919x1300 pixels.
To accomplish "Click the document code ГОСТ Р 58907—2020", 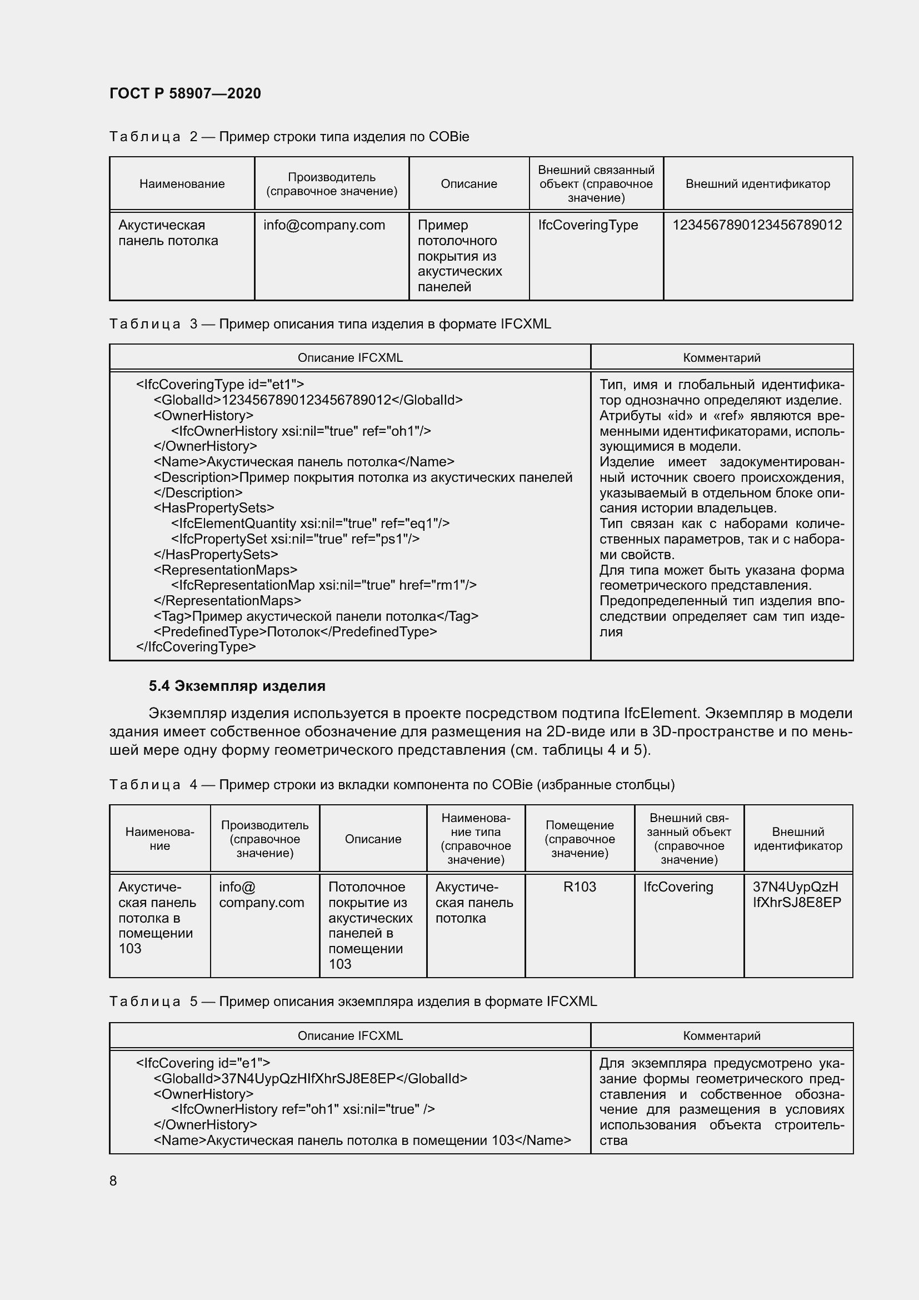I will click(185, 93).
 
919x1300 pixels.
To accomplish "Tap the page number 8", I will click(113, 1181).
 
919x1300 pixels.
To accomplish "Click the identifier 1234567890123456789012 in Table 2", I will click(757, 225).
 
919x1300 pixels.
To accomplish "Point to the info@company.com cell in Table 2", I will click(324, 225).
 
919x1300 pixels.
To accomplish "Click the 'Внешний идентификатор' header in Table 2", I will click(757, 184).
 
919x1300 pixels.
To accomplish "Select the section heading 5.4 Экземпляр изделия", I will click(237, 686).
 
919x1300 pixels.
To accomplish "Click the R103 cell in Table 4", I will click(580, 886).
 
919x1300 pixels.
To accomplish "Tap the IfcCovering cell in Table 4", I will click(678, 886).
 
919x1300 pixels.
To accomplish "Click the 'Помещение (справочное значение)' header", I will click(580, 839).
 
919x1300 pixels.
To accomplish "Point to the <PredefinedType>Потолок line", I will click(295, 632).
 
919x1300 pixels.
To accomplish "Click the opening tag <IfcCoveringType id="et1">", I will click(220, 385).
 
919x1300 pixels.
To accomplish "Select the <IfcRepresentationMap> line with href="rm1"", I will click(324, 585).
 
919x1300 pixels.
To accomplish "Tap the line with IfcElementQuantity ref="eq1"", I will click(310, 524).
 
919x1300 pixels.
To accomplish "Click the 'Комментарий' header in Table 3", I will click(722, 358).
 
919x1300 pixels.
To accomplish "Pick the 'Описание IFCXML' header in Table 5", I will click(349, 1036).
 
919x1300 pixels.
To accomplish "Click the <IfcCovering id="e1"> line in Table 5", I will click(203, 1063).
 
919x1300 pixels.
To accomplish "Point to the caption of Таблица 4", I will click(392, 785).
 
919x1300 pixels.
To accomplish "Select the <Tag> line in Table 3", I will click(316, 616).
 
